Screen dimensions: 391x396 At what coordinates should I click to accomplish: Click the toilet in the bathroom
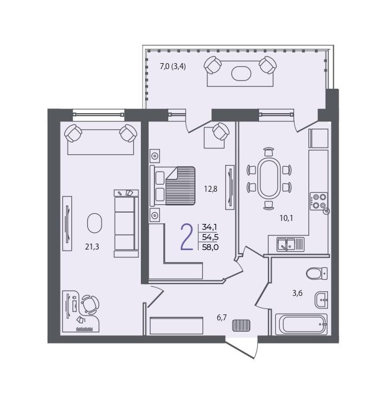317,273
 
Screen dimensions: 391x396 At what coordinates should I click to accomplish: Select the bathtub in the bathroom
301,324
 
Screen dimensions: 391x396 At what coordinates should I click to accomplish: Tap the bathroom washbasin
321,300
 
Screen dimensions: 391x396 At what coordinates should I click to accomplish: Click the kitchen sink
291,244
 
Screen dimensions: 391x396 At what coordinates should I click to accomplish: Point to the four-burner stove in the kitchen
319,201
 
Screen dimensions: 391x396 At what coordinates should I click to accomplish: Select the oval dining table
269,178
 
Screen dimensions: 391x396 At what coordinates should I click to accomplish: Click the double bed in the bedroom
172,186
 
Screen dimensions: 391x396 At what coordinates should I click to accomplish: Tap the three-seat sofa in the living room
127,223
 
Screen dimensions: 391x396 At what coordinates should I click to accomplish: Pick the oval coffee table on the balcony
241,73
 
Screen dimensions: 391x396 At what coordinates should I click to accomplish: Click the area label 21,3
92,247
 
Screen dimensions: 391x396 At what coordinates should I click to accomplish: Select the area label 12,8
210,189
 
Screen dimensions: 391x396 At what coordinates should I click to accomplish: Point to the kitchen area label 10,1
286,218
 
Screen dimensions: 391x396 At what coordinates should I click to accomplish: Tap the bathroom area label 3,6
297,293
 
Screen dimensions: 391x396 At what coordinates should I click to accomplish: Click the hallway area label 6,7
222,318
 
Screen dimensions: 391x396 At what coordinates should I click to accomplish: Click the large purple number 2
187,237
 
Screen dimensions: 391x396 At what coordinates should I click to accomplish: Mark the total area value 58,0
210,247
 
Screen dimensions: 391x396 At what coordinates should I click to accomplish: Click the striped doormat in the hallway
241,325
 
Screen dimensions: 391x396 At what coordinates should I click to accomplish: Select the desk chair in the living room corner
90,305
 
